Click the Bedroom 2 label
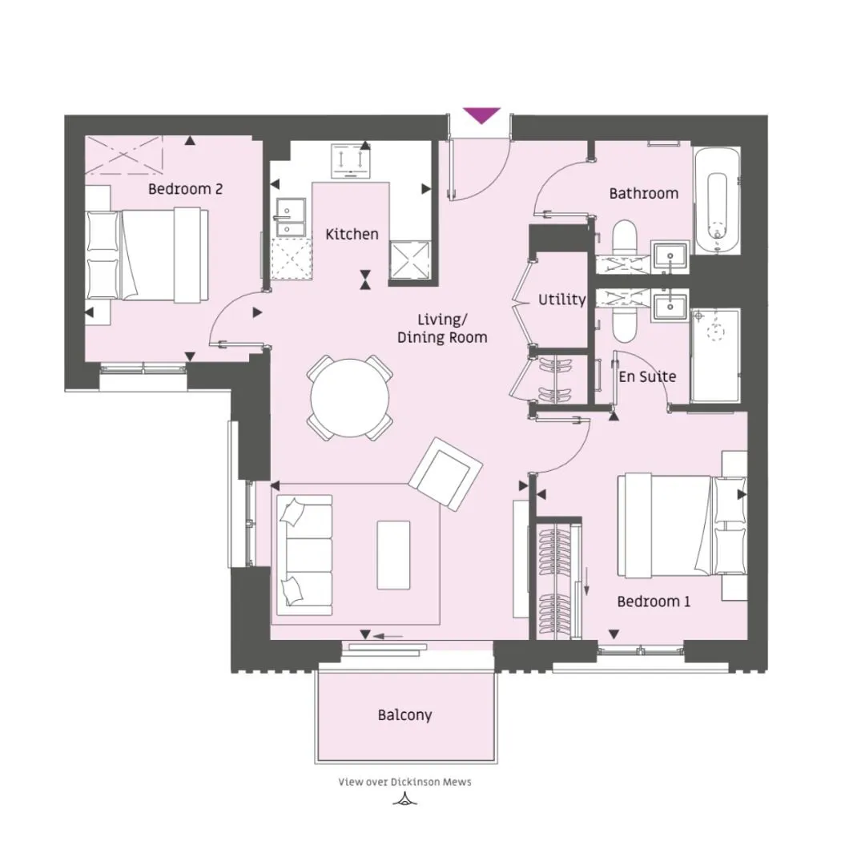[x=185, y=189]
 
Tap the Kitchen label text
[x=352, y=234]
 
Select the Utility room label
[x=561, y=300]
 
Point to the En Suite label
[x=647, y=376]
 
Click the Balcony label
[x=405, y=715]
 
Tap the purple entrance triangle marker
[x=481, y=115]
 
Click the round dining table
[x=350, y=397]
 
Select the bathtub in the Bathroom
[x=717, y=201]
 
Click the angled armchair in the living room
[x=446, y=474]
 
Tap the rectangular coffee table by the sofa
[x=394, y=555]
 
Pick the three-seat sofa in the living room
[x=304, y=555]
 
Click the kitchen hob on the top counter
[x=352, y=161]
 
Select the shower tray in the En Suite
[x=714, y=356]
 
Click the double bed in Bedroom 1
[x=682, y=525]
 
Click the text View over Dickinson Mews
[x=405, y=782]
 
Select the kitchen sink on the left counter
[x=291, y=217]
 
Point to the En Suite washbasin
[x=670, y=307]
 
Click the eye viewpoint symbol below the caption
[x=405, y=799]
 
